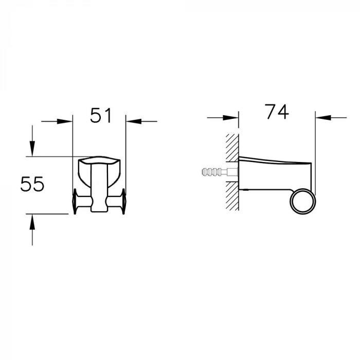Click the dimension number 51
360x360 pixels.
(x=101, y=115)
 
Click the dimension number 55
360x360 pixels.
(x=32, y=184)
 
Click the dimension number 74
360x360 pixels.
(x=277, y=112)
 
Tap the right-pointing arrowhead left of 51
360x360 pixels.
(x=64, y=121)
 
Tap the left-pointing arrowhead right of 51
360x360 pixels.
(x=134, y=121)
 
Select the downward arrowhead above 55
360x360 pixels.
(x=32, y=149)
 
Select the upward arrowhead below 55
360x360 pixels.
(x=32, y=222)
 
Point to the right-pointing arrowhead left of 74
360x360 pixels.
(x=231, y=118)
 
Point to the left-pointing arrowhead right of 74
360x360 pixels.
(x=323, y=118)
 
